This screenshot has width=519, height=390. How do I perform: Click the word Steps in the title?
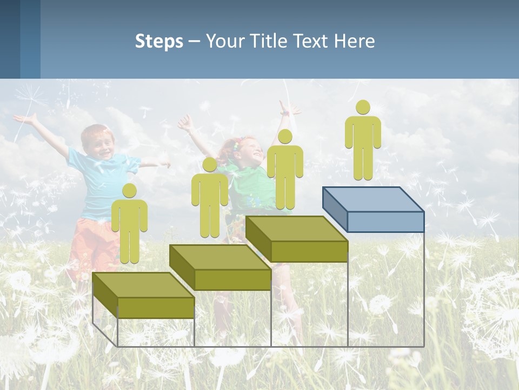point(159,42)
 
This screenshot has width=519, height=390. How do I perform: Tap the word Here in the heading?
point(354,41)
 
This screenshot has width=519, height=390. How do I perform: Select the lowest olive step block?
point(143,296)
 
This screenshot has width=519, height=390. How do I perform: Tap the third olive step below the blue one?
point(297,239)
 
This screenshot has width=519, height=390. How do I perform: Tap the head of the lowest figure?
point(129,191)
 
